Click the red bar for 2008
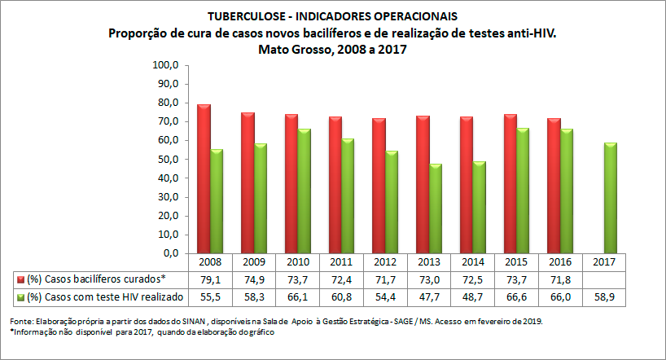click(x=204, y=179)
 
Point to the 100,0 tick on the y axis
click(x=164, y=65)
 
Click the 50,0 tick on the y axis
click(x=166, y=160)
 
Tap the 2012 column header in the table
click(x=387, y=263)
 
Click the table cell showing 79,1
click(x=211, y=279)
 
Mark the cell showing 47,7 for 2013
click(x=431, y=296)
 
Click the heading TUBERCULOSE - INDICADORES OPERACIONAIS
click(x=332, y=16)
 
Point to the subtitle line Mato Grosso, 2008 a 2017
click(x=332, y=49)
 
